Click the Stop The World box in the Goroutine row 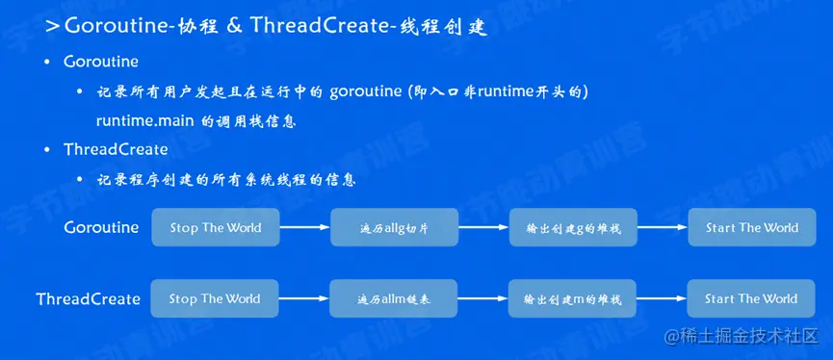click(x=215, y=227)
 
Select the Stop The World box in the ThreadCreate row click(x=215, y=298)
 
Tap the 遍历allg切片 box click(x=394, y=227)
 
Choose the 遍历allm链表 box click(x=394, y=298)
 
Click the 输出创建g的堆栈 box click(x=573, y=227)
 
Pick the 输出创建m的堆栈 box click(x=572, y=298)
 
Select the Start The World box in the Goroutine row click(x=752, y=227)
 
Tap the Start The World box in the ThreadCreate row click(x=750, y=298)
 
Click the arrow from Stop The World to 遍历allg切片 click(x=305, y=227)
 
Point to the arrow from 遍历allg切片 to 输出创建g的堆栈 click(x=483, y=227)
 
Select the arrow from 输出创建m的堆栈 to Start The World click(x=662, y=298)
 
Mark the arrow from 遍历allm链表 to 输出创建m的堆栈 click(x=482, y=298)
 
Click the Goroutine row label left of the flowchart click(x=101, y=228)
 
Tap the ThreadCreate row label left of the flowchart click(x=89, y=299)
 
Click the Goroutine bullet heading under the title click(x=101, y=62)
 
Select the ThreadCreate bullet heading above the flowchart click(x=116, y=150)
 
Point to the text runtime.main click(x=145, y=120)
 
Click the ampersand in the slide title click(x=234, y=27)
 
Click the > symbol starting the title click(x=52, y=27)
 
